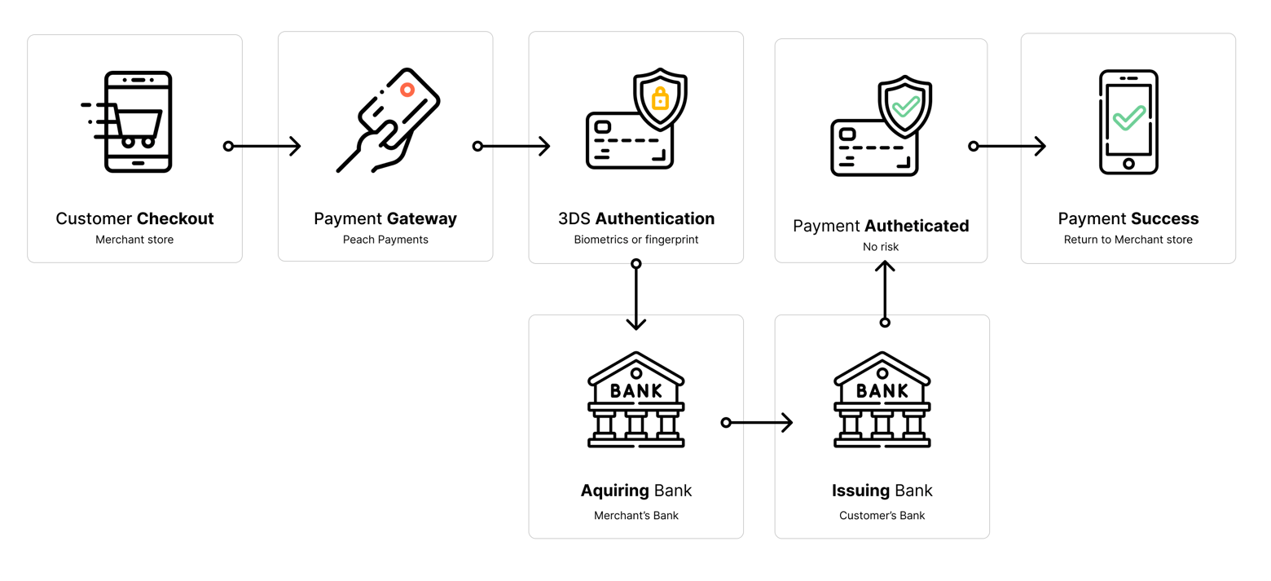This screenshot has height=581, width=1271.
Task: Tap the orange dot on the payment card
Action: click(x=407, y=90)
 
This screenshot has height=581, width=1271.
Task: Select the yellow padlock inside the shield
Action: click(x=660, y=99)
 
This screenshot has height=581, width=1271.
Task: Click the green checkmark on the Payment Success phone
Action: click(x=1129, y=117)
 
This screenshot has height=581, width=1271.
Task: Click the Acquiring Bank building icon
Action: click(x=635, y=400)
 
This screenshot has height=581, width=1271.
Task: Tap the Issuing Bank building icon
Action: click(x=882, y=400)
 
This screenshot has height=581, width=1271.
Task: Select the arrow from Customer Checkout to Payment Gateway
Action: click(x=264, y=147)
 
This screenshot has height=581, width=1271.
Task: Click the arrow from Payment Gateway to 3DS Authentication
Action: click(x=513, y=147)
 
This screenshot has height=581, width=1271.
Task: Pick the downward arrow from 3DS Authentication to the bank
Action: click(x=636, y=296)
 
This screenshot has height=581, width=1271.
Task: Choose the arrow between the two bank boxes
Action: click(x=758, y=422)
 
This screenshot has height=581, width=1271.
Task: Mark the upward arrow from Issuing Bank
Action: click(x=885, y=292)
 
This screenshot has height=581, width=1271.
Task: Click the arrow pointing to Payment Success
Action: click(x=1009, y=147)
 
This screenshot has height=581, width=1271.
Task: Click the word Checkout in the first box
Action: click(x=175, y=218)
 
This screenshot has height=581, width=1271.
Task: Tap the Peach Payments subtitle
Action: click(x=385, y=240)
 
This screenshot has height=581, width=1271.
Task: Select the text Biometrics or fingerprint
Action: click(x=636, y=240)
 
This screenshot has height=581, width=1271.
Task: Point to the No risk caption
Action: click(x=881, y=246)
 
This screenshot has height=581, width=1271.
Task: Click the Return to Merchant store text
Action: click(x=1128, y=240)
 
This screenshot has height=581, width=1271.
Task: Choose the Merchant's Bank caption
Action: click(x=636, y=515)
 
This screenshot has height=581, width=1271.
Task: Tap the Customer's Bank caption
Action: click(x=882, y=515)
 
